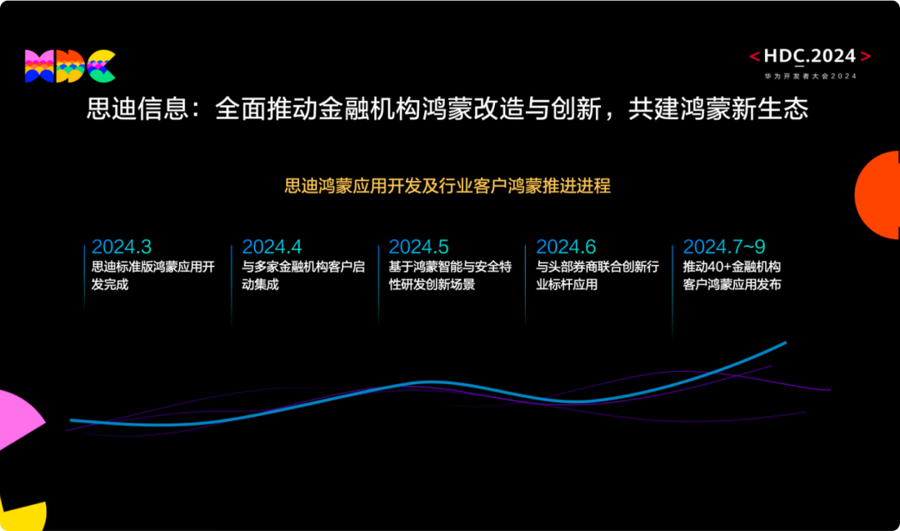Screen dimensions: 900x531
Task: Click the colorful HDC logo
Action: pos(70,66)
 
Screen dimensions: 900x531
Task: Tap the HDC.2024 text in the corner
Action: pos(810,56)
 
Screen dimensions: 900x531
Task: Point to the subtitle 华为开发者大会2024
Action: pos(811,76)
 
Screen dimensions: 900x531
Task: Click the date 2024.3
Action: pos(122,247)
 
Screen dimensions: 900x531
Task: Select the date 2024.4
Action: pos(272,247)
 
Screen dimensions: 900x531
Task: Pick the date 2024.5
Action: pos(418,247)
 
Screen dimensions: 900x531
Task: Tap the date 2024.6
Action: pos(566,247)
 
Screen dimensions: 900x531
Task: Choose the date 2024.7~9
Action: pos(724,247)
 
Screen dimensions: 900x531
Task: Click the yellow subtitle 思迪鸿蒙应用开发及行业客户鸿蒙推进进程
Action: pos(447,186)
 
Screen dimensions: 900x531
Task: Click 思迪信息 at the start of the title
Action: pos(137,108)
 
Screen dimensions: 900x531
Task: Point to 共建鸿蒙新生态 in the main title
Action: pos(718,108)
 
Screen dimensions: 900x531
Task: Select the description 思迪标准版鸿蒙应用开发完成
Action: pos(153,276)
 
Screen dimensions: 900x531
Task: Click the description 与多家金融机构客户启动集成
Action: pos(303,276)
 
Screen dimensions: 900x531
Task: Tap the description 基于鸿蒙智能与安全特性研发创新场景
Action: pos(450,276)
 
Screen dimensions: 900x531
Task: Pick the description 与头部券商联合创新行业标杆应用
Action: pos(597,276)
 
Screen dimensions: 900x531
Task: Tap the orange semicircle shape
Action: pos(879,195)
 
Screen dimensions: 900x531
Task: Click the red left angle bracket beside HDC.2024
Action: pos(755,56)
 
